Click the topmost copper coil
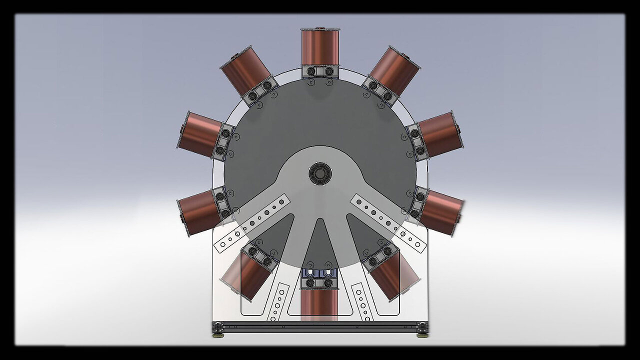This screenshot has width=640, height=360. click(x=320, y=47)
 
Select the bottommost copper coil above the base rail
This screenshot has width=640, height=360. click(x=319, y=305)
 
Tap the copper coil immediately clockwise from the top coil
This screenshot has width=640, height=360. click(x=395, y=70)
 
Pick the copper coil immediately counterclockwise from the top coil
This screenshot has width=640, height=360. click(x=245, y=70)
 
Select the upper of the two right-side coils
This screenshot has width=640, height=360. click(x=440, y=134)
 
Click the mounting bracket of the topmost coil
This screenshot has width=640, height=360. click(x=320, y=71)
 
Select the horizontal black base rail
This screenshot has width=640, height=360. click(x=320, y=326)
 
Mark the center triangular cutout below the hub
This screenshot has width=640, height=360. click(x=319, y=245)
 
